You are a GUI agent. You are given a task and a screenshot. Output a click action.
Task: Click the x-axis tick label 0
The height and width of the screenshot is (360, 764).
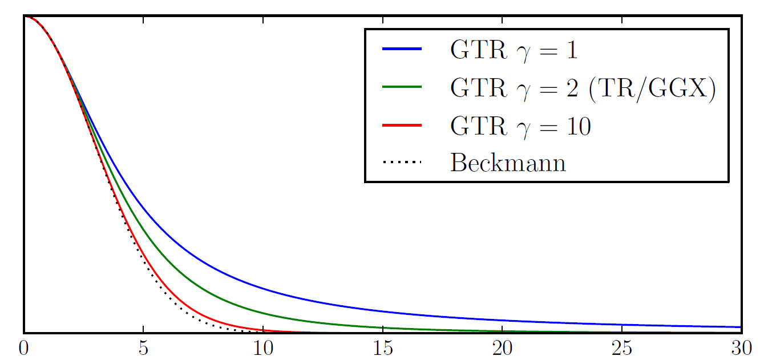point(24,347)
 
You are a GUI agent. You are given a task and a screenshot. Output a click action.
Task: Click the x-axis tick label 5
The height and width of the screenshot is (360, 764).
point(143,347)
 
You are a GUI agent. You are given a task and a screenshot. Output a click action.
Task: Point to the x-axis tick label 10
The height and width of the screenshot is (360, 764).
point(262,347)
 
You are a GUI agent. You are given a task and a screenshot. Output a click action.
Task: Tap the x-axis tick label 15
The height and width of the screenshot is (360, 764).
point(382,347)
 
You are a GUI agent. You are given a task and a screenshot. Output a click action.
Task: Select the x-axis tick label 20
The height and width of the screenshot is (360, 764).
point(502,347)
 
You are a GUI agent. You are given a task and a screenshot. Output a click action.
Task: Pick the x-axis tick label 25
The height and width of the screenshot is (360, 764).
point(621,347)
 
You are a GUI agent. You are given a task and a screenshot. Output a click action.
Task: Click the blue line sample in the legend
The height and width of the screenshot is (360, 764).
point(402,51)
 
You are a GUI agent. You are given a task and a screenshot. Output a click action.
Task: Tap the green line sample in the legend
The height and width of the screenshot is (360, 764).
point(402,88)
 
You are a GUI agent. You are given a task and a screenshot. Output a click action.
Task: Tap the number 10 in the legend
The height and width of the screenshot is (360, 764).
point(576,126)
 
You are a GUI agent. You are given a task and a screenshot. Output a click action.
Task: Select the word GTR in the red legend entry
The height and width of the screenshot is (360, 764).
point(478,126)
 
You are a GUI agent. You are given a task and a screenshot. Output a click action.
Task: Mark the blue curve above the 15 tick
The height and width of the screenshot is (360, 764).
point(382,312)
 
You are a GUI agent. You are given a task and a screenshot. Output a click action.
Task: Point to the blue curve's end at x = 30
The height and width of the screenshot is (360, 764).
point(739,327)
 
